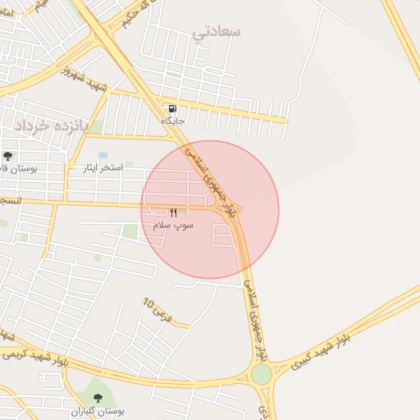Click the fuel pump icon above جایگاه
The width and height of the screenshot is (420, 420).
[x=172, y=109]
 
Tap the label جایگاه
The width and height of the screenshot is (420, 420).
[x=172, y=121]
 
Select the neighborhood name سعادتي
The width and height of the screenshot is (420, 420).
[x=217, y=31]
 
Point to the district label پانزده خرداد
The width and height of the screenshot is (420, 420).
[x=49, y=124]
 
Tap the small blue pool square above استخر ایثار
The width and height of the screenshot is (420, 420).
[x=103, y=155]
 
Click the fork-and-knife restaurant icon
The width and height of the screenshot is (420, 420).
[x=173, y=212]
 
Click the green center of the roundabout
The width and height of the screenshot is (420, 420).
[x=262, y=374]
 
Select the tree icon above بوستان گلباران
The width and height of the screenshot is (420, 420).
[x=98, y=398]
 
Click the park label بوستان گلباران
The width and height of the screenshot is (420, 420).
[x=96, y=410]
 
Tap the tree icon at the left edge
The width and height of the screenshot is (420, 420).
[x=8, y=156]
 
